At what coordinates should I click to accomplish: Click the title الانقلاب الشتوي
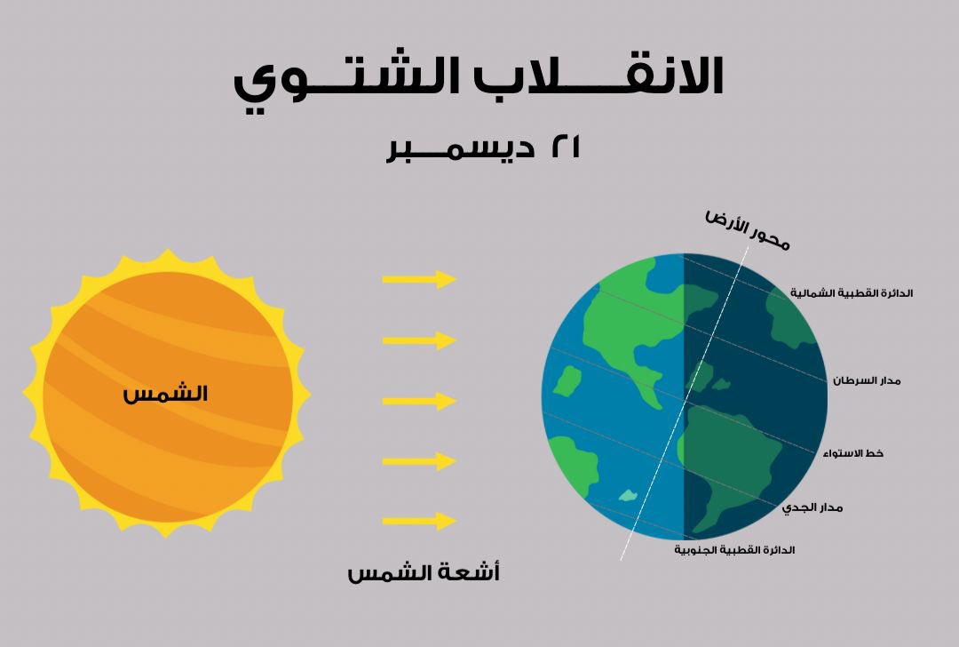[479, 78]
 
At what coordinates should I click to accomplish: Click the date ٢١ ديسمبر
[484, 148]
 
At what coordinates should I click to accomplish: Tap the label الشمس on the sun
[165, 394]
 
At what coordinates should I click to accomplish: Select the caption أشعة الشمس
[424, 573]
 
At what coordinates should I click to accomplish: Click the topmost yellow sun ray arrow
[419, 279]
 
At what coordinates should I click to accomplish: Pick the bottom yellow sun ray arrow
[419, 521]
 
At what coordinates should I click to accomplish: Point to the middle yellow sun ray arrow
[419, 401]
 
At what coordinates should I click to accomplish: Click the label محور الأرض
[747, 229]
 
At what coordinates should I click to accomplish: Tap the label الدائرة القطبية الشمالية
[852, 293]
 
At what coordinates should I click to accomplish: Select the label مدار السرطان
[867, 380]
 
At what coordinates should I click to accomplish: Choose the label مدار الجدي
[812, 507]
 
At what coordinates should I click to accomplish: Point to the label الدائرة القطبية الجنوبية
[734, 550]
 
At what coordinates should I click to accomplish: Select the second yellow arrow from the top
[419, 339]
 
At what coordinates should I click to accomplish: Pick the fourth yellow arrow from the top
[419, 461]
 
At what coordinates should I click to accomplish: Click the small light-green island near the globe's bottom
[628, 495]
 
